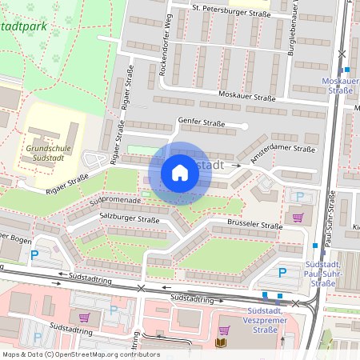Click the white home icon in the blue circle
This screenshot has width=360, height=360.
point(180,173)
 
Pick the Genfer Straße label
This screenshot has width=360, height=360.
point(199,123)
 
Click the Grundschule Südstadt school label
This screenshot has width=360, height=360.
point(54,152)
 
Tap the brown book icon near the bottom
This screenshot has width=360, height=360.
point(221,343)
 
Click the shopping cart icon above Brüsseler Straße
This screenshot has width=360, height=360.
point(298,217)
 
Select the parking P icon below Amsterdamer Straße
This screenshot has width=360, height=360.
point(300,196)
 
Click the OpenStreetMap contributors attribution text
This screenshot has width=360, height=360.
point(81,354)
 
